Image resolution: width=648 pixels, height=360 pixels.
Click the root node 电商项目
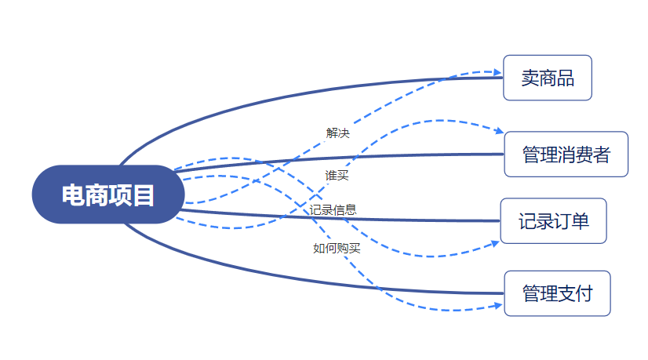[108, 195]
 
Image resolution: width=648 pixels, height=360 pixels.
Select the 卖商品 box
[548, 78]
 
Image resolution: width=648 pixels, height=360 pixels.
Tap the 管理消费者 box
[566, 154]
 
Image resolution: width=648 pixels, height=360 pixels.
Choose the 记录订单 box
[553, 221]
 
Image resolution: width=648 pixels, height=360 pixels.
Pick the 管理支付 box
[557, 293]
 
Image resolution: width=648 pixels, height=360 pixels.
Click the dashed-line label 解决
[337, 133]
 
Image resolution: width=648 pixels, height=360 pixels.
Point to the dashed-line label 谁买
[337, 175]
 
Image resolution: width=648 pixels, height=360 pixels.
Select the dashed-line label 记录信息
[333, 209]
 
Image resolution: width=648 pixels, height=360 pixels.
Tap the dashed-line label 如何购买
[337, 249]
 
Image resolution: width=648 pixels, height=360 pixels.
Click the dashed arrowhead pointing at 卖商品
[497, 73]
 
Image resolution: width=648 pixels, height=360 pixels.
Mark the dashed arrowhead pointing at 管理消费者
[499, 133]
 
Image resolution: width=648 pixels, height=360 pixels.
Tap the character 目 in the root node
[144, 195]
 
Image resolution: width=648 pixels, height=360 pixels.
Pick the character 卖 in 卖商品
[530, 78]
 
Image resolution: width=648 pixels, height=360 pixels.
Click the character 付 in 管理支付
[583, 293]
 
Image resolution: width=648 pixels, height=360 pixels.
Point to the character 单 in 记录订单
[579, 221]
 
